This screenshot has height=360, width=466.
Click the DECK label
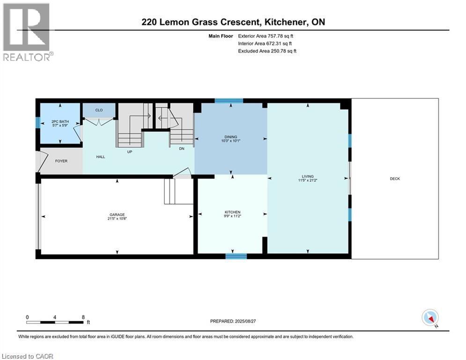point(394,179)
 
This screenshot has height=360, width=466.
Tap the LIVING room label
point(308,177)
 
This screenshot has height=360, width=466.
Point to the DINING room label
point(230,137)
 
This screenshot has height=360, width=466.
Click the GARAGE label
point(117,214)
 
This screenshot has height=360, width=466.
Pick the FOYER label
point(61,161)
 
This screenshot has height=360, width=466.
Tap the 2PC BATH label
point(59,122)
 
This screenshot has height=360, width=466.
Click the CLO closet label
point(99,110)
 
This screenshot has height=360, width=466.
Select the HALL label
point(100,157)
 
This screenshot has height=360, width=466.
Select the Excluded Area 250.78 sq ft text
point(267,51)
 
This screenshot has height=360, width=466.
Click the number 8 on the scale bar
point(83,317)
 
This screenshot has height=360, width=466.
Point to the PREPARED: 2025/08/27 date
point(233,321)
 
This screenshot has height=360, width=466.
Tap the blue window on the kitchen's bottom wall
point(236,256)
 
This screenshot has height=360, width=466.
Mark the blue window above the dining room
point(229,100)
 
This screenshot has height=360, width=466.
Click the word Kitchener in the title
point(285,22)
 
